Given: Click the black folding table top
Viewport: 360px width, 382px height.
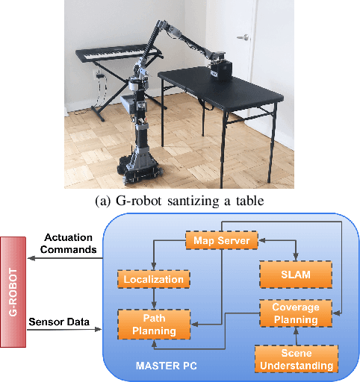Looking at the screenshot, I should pyautogui.click(x=205, y=78).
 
